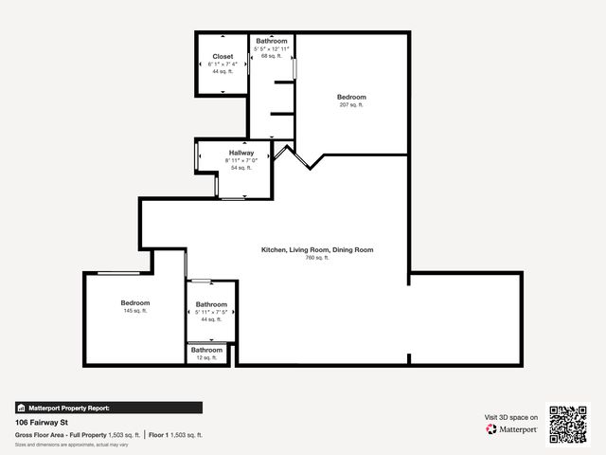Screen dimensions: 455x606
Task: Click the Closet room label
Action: [x=223, y=57]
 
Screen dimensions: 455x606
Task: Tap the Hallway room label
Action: [x=241, y=153]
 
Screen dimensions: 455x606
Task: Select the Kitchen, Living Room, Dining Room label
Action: [x=317, y=250]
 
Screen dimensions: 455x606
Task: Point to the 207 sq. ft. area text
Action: [x=351, y=105]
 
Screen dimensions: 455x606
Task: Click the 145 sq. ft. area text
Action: [x=135, y=311]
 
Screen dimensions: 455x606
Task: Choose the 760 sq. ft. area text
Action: [x=316, y=258]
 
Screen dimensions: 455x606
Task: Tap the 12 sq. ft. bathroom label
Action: [x=207, y=357]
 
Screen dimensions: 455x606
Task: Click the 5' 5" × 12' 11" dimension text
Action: [x=272, y=48]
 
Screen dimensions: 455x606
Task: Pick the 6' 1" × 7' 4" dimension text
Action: [x=223, y=64]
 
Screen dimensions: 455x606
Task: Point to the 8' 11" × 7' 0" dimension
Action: [x=241, y=160]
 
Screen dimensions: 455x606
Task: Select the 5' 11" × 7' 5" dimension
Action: [x=212, y=312]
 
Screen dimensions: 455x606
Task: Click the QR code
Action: [x=568, y=424]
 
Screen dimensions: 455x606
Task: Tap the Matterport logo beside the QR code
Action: [x=512, y=429]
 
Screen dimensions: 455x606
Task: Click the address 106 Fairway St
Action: [x=43, y=423]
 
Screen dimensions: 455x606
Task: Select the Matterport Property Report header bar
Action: [x=108, y=408]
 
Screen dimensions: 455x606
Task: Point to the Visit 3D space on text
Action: [x=511, y=417]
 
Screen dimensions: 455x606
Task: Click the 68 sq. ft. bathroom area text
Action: [x=272, y=56]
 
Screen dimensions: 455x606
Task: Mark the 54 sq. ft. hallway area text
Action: [x=241, y=168]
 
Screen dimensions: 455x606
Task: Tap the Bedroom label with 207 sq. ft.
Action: [x=351, y=98]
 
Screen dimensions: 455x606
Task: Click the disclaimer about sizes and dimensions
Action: [x=72, y=445]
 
